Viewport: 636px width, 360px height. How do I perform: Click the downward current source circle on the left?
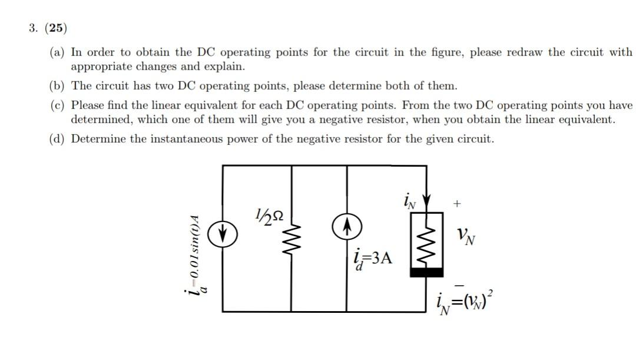[223, 235]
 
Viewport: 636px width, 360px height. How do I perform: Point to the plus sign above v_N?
[457, 204]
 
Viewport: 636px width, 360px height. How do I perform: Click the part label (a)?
[58, 52]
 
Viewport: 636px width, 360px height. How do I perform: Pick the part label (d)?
[58, 140]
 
